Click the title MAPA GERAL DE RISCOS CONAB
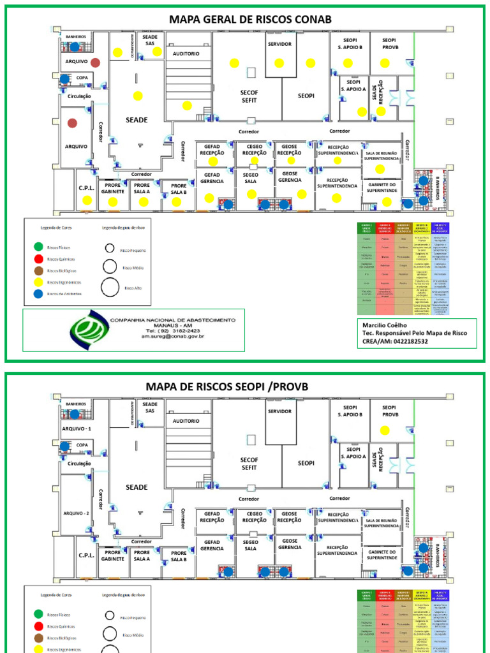250,19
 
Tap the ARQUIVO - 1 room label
77,429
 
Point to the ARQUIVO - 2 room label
77,513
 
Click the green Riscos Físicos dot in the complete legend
40,247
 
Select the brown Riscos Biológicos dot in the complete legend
40,271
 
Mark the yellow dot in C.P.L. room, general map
87,200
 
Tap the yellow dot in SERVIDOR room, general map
279,62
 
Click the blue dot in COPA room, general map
64,78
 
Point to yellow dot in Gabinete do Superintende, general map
387,202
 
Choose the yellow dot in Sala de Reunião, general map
380,169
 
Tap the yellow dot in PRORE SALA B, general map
176,202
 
